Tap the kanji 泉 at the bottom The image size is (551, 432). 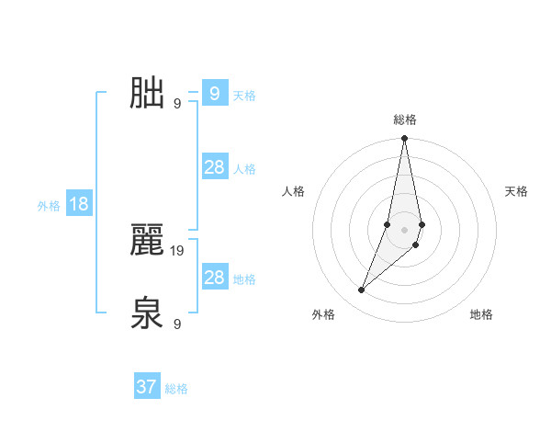click(x=147, y=313)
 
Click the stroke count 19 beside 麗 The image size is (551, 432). click(x=178, y=250)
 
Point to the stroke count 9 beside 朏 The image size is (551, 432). click(x=177, y=103)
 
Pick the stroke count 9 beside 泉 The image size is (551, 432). click(x=177, y=324)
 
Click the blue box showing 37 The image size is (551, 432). click(x=147, y=387)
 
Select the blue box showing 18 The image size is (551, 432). click(x=79, y=204)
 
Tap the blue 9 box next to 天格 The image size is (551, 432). click(x=214, y=93)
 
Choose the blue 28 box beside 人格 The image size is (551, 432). click(x=214, y=167)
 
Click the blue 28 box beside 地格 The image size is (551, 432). click(x=214, y=278)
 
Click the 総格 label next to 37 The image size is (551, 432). click(x=176, y=389)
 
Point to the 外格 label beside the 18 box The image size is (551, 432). click(x=49, y=206)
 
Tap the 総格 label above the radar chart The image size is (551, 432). click(x=405, y=119)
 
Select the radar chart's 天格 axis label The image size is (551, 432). click(x=516, y=191)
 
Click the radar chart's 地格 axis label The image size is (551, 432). click(x=481, y=314)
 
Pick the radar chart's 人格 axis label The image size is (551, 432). click(x=294, y=191)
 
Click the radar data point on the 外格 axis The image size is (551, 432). click(x=362, y=290)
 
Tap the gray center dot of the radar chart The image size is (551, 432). click(x=405, y=229)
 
